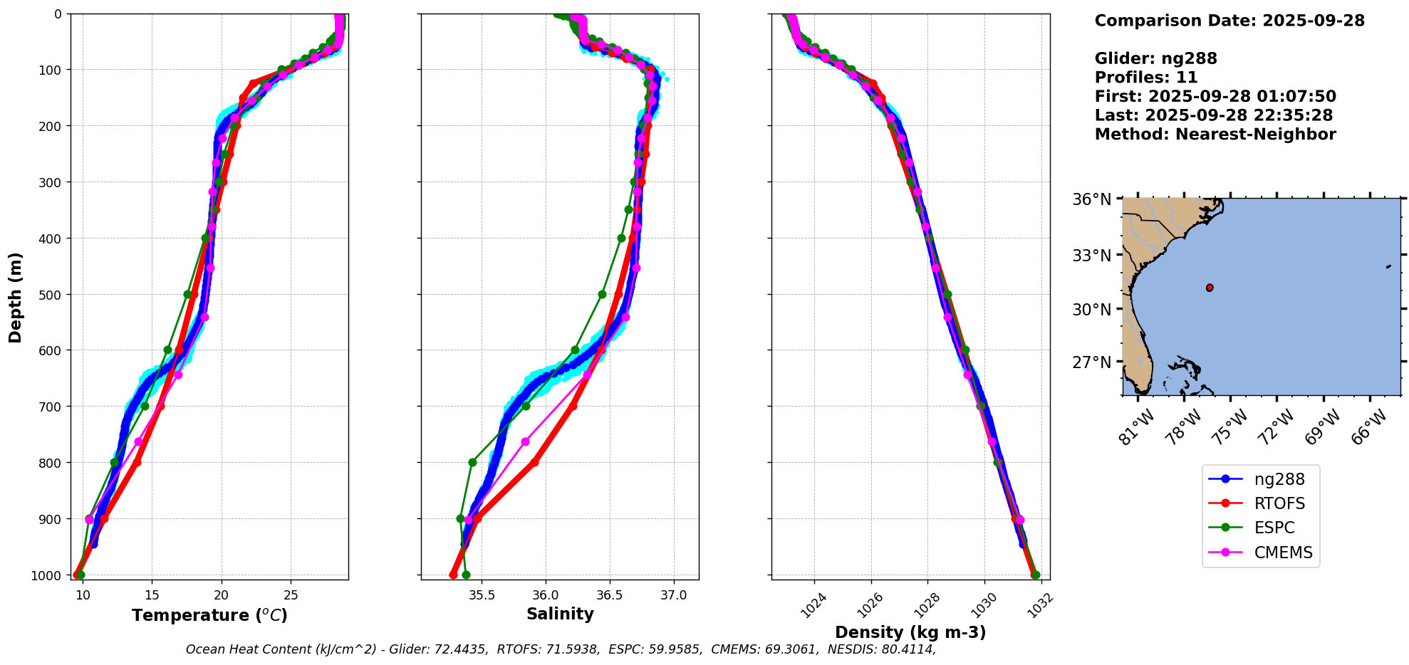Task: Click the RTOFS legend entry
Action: point(1279,504)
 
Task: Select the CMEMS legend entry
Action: point(1283,553)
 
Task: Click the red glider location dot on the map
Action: point(1210,288)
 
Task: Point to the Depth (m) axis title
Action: point(16,297)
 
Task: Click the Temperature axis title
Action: point(209,615)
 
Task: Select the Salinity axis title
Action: point(560,614)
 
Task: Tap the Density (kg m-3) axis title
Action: point(910,632)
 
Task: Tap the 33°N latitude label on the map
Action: point(1092,255)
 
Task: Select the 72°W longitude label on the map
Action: point(1276,428)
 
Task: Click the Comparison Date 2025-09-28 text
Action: point(1229,21)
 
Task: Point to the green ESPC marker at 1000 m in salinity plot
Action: point(466,575)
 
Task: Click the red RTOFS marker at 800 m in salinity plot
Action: point(534,462)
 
